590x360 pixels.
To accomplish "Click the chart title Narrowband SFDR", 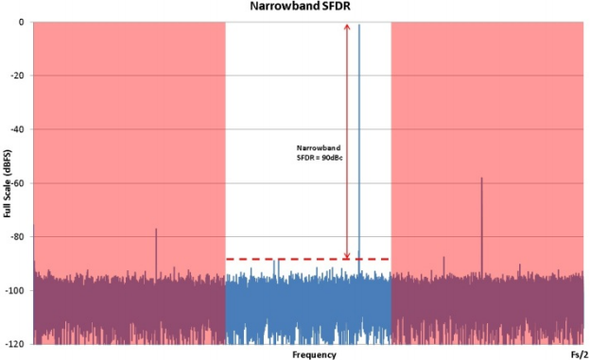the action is [x=300, y=6].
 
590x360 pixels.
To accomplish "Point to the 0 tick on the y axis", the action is [x=21, y=22].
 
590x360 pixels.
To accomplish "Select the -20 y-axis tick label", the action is [x=18, y=76].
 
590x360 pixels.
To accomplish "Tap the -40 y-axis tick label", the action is [x=18, y=129].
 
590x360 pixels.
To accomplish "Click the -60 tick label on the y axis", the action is [x=18, y=183].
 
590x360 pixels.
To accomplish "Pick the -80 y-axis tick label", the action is [x=18, y=237].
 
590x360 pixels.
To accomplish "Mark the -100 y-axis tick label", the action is [x=15, y=291].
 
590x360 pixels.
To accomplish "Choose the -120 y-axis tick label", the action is [x=15, y=344].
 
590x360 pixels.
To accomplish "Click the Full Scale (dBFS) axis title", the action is [x=8, y=183].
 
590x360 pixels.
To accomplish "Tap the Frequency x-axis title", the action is [x=314, y=354].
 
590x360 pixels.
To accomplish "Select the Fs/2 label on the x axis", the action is [x=580, y=354].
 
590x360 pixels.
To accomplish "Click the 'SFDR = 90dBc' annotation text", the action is [x=320, y=158].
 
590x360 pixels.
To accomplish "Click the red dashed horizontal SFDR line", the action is [x=307, y=259].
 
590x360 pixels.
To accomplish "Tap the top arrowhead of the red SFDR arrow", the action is [x=347, y=27].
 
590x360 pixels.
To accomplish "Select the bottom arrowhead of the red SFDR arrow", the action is [x=347, y=256].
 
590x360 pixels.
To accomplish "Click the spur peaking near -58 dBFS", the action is [x=481, y=227].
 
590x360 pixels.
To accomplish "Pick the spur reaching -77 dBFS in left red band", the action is [x=156, y=253].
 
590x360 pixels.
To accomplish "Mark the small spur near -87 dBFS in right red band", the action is [x=443, y=266].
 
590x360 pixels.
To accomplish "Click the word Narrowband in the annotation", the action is [x=319, y=147].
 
